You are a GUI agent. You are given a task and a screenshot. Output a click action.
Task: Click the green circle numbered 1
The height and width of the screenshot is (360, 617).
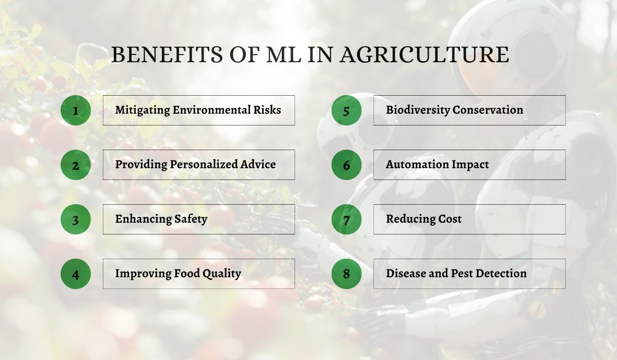76,110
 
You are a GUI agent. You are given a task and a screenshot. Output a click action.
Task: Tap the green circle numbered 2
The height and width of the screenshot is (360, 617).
76,165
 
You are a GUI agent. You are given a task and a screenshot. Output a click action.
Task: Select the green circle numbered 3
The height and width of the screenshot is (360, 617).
76,219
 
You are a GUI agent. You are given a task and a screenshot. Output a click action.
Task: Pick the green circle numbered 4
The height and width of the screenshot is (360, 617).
76,274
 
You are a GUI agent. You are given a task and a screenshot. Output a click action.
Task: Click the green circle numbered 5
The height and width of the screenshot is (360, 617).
346,110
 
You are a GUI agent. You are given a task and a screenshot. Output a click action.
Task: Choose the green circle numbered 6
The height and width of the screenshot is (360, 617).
346,165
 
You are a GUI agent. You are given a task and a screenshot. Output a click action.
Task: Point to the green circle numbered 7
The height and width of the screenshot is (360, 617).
346,219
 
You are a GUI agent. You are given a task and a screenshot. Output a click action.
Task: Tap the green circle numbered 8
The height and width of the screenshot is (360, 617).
346,274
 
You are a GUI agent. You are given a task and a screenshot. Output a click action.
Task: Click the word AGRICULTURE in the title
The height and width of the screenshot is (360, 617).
424,55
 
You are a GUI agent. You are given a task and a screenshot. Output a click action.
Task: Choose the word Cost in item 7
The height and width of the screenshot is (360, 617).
449,219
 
